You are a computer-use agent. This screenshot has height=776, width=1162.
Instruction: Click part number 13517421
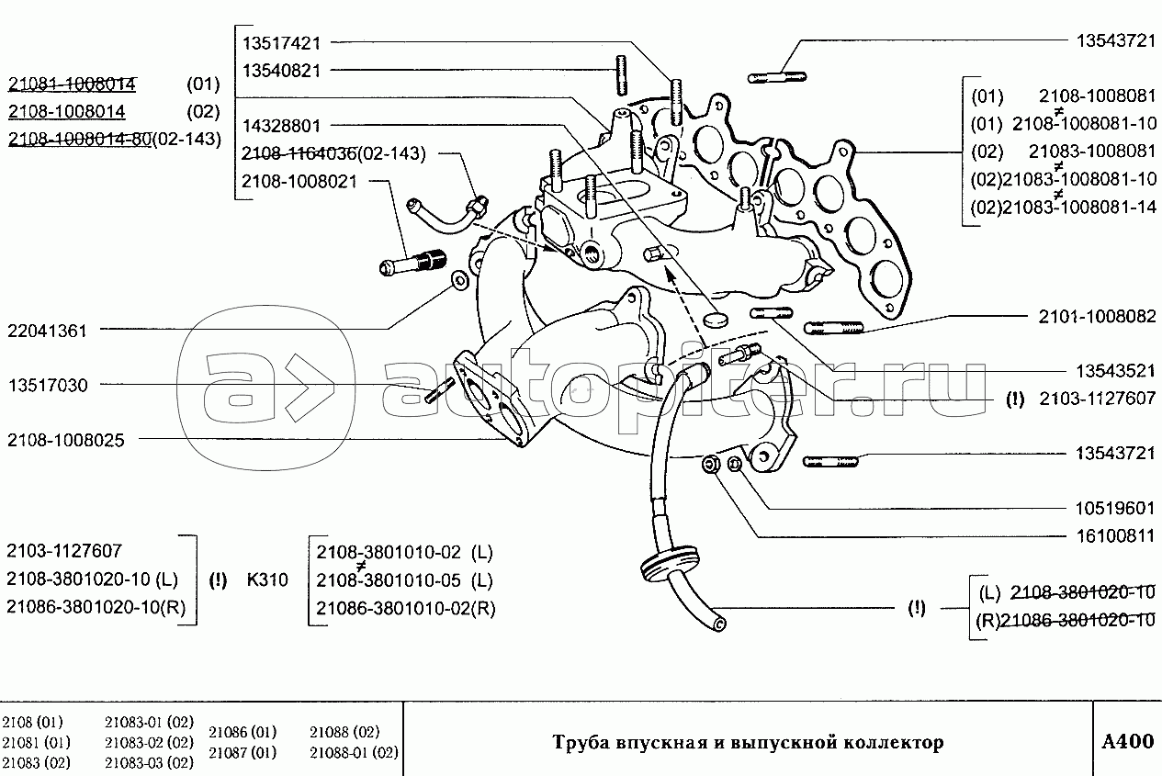[x=282, y=43]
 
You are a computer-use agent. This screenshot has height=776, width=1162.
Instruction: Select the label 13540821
[x=282, y=70]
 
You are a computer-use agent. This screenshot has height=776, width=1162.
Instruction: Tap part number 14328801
[x=282, y=126]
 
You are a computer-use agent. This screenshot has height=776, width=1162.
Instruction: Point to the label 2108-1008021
[x=299, y=181]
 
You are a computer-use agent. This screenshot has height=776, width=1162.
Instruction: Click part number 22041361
[x=47, y=331]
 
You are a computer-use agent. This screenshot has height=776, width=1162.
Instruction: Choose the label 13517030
[x=47, y=386]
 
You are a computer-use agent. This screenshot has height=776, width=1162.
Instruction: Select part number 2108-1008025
[x=65, y=440]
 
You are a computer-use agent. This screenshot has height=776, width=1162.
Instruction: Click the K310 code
[x=267, y=580]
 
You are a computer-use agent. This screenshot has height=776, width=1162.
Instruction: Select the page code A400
[x=1127, y=741]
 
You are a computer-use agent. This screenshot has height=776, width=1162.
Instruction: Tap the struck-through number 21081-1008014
[x=73, y=84]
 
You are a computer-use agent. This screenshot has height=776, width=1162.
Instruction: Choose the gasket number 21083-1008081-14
[x=1084, y=207]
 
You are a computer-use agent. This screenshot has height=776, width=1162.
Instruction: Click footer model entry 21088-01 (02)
[x=354, y=753]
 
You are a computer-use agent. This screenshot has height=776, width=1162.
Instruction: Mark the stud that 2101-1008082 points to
[x=833, y=326]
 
